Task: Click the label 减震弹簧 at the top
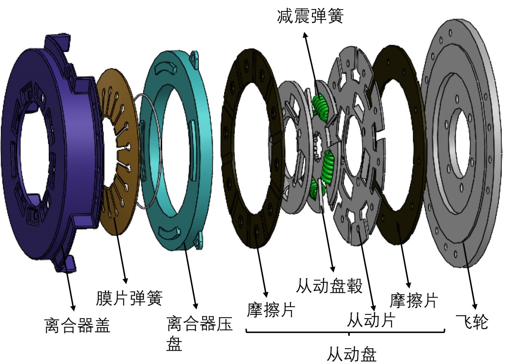310,16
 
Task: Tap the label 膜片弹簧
129,298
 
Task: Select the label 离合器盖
78,325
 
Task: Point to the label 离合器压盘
199,333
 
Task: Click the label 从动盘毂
329,286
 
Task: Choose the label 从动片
371,320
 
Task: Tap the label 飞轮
472,321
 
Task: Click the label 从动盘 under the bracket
352,354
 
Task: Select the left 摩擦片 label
271,310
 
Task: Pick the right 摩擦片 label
414,301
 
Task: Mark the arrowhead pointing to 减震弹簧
305,35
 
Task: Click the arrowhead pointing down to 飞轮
475,306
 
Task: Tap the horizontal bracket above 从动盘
345,331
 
